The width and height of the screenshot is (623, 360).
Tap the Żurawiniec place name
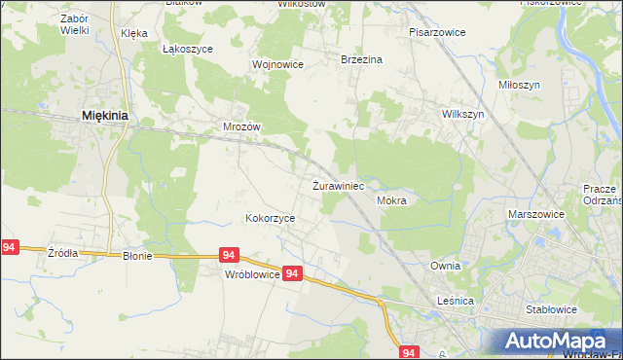(x=338, y=185)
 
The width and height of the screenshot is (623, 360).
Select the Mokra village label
(x=390, y=200)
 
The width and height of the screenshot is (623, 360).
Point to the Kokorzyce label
(x=270, y=219)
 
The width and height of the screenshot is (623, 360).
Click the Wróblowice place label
(x=252, y=275)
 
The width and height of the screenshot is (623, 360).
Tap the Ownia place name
(x=445, y=265)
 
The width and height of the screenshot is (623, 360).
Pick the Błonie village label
(x=138, y=257)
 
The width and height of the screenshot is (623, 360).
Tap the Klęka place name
(x=134, y=33)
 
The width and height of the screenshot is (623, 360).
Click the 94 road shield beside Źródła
(x=10, y=248)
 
